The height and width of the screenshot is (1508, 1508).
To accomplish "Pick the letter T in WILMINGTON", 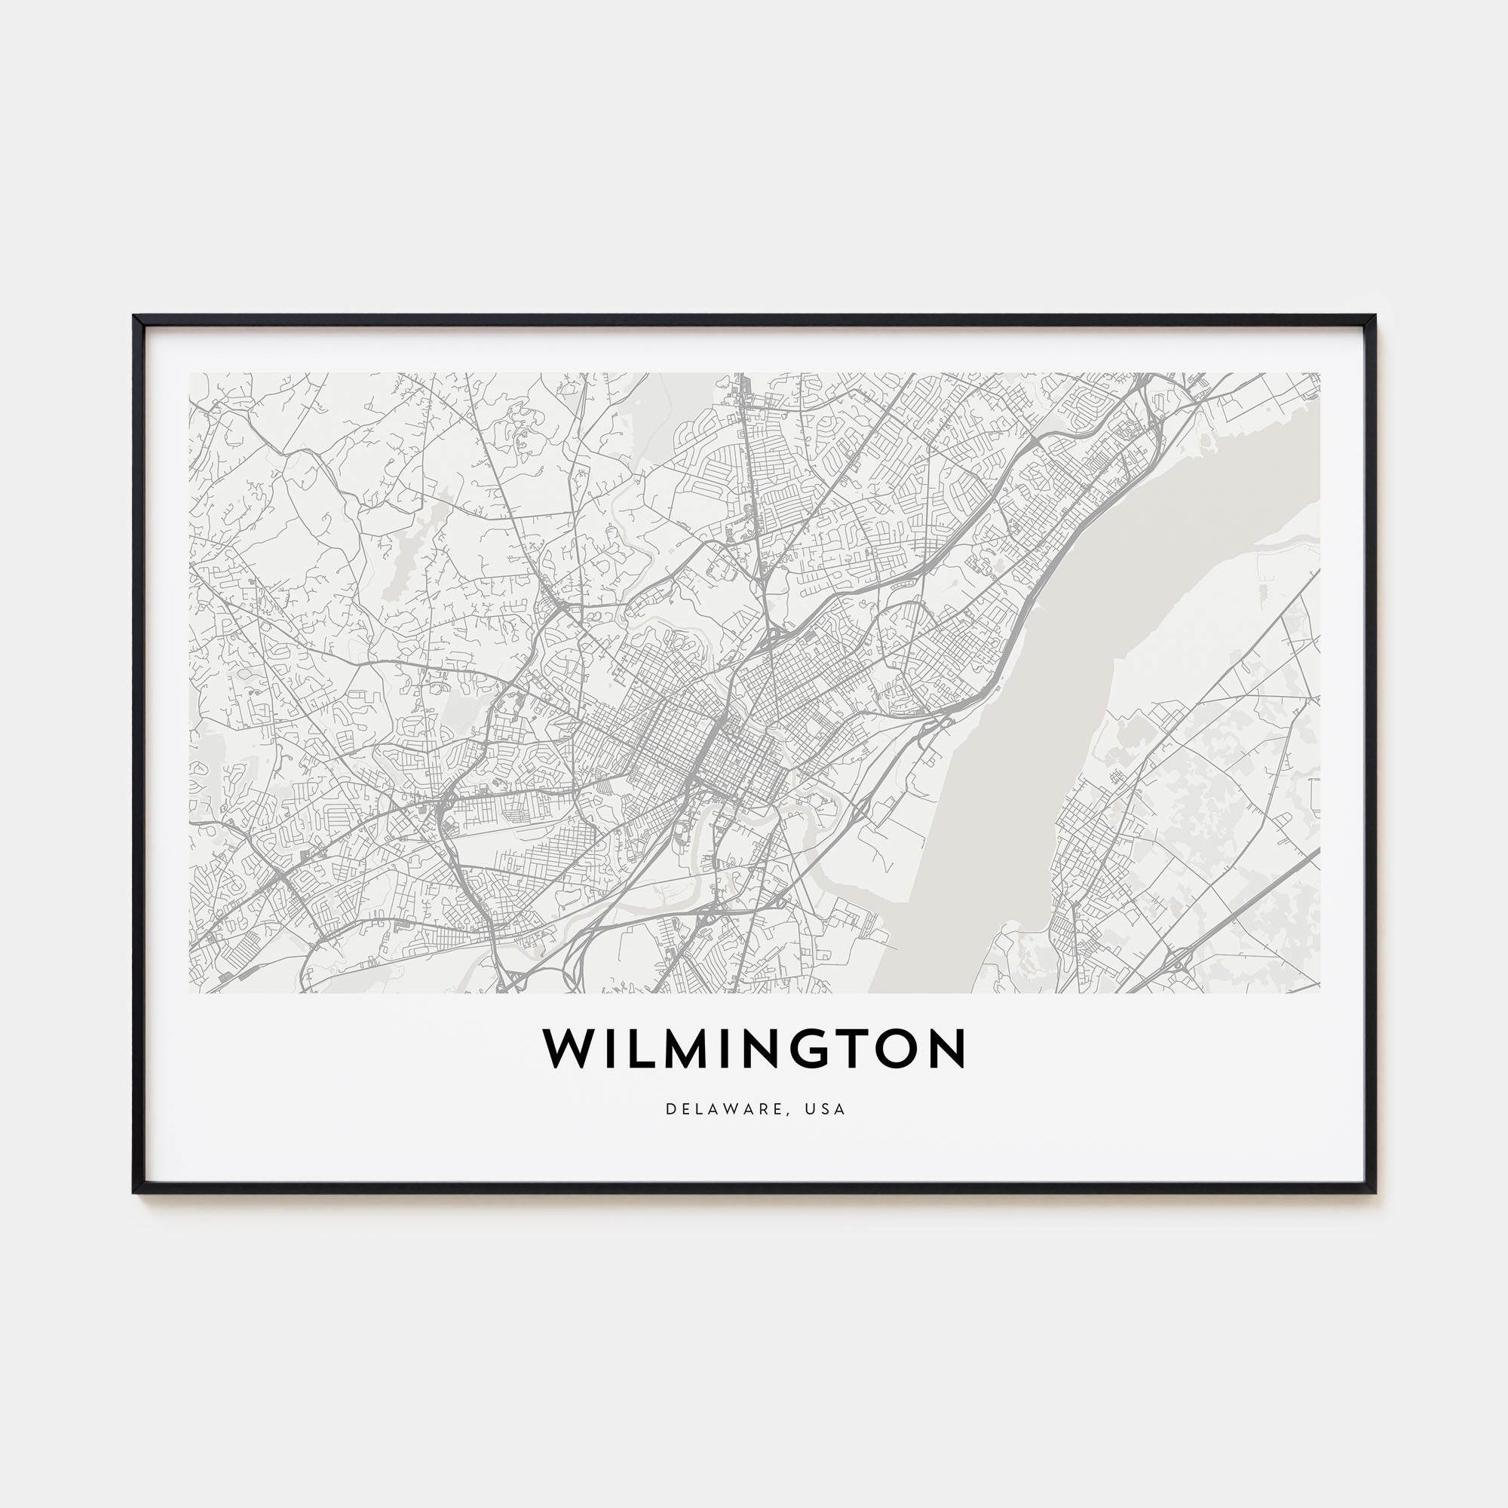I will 845,1049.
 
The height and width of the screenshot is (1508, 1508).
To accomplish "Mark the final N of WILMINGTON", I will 948,1049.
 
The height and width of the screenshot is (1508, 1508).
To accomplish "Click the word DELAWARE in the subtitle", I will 722,1109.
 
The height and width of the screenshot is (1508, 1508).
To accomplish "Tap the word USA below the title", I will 826,1109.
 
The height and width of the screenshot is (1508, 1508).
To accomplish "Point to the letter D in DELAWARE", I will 670,1109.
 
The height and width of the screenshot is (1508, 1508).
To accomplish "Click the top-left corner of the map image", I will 190,373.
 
